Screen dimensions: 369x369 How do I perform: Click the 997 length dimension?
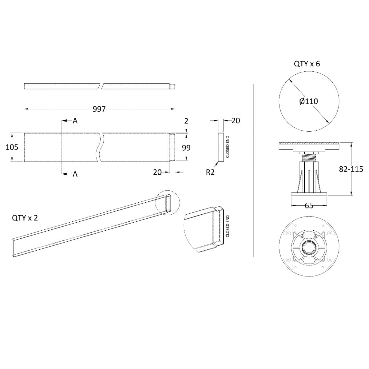99,109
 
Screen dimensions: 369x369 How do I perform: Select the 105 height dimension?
12,147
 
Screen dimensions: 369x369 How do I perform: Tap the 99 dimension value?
186,148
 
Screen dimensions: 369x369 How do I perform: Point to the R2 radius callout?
210,172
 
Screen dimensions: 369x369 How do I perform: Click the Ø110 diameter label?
308,101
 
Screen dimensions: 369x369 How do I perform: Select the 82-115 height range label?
351,169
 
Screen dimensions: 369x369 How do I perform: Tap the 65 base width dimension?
309,205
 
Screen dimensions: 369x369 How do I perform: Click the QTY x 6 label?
307,64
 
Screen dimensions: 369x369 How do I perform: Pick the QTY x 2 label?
25,218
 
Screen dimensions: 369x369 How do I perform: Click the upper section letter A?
75,121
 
